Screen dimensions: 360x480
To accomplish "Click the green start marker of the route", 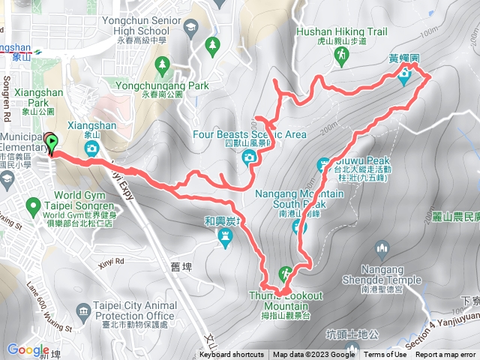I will pos(51,141).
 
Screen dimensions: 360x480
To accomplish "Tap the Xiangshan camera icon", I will pos(91,148).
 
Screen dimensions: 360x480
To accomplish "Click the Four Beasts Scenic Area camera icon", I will pos(248,157).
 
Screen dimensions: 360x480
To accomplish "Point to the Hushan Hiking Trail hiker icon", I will pos(342,55).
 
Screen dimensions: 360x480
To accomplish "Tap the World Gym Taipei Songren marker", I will pos(32,205).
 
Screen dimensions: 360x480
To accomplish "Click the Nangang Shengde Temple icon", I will pos(382,247).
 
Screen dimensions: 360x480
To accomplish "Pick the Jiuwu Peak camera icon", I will pos(324,163).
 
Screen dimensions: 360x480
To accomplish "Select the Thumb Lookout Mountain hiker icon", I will pos(285,272).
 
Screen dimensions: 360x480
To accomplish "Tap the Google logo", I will pos(28,349).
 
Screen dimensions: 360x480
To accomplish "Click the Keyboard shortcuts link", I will pos(232,355).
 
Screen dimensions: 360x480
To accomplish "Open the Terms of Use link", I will pos(385,355).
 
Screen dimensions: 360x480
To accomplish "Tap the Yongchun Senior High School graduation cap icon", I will pos(190,27).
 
